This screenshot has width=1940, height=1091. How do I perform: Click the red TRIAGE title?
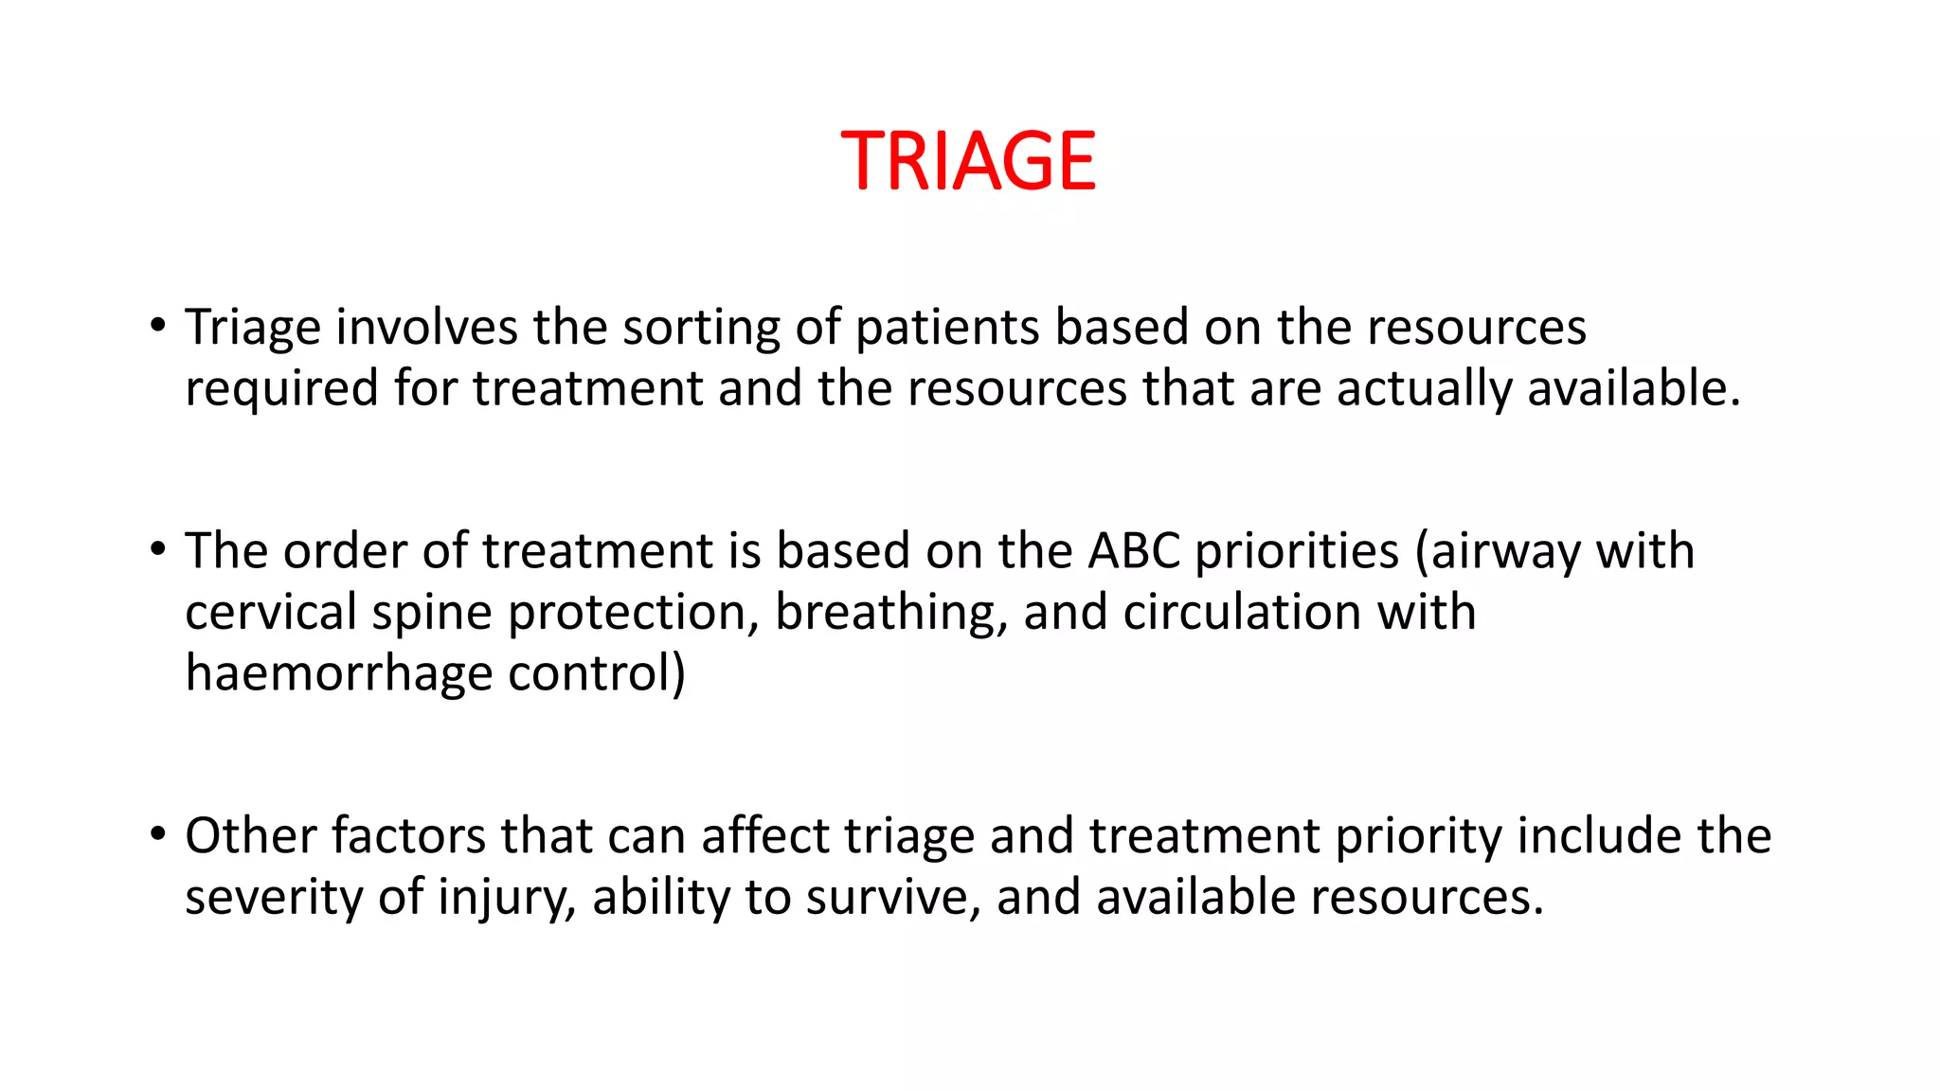(x=968, y=161)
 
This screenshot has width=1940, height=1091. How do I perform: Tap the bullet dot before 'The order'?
(x=157, y=550)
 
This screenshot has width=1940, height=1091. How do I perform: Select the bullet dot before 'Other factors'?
(x=157, y=835)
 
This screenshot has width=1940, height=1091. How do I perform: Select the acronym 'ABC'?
(x=1134, y=551)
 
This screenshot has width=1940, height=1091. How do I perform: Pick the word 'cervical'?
(x=270, y=612)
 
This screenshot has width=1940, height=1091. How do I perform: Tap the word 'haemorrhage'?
(x=338, y=674)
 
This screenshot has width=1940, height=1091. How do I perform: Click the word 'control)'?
(x=596, y=673)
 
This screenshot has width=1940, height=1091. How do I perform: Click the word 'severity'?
(x=274, y=898)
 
